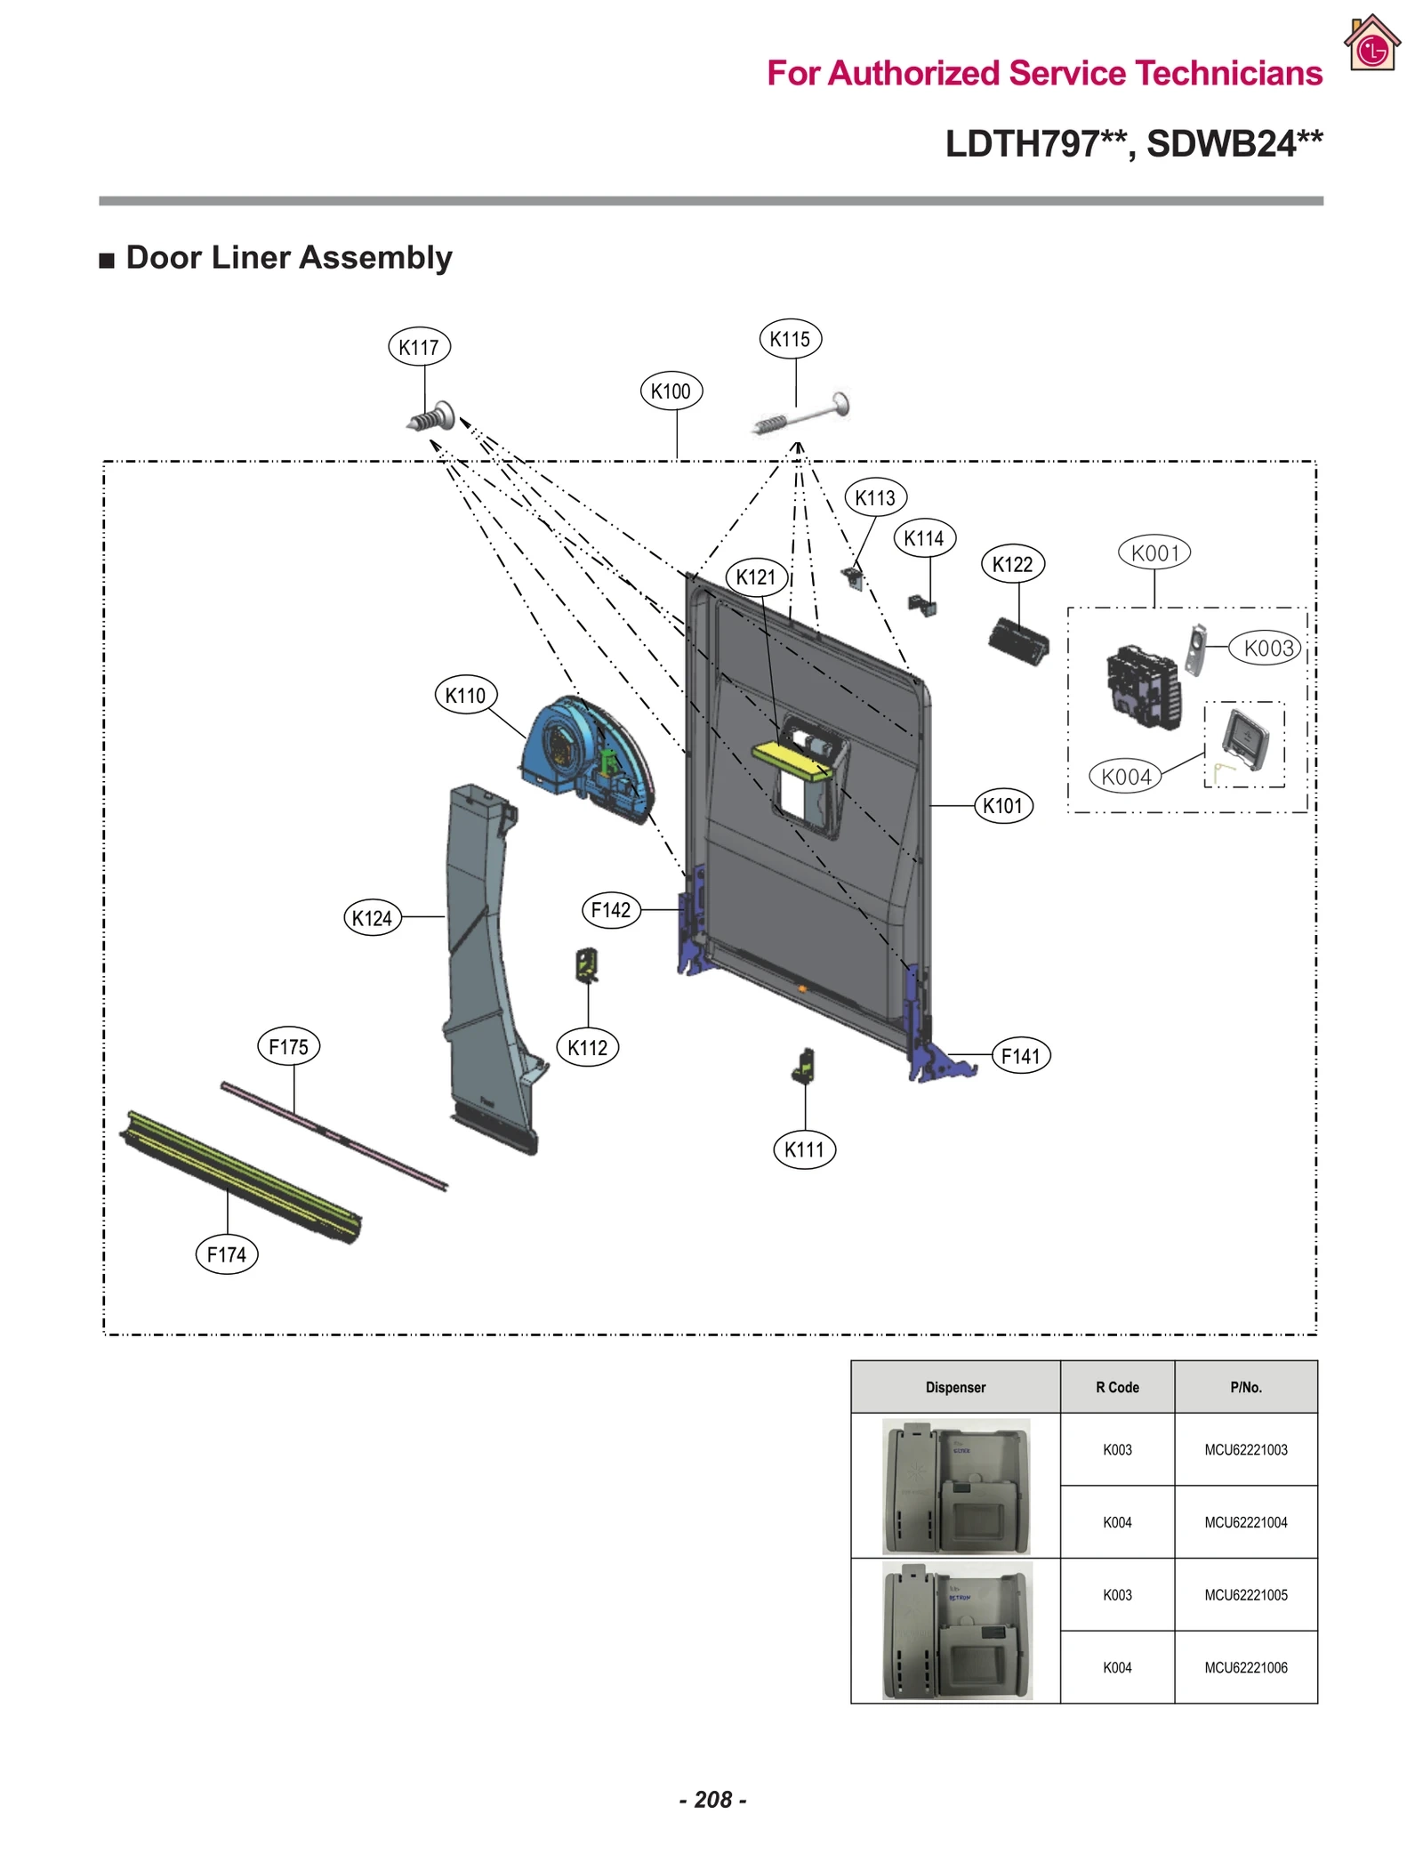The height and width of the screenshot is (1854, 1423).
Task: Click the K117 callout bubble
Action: [x=419, y=346]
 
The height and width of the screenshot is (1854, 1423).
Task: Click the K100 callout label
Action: [x=671, y=391]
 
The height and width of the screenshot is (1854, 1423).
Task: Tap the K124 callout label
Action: [x=372, y=917]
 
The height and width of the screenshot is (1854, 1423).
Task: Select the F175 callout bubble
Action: [x=288, y=1046]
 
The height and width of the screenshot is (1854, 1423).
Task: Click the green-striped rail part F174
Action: [x=240, y=1176]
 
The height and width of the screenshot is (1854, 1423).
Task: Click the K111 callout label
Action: [x=804, y=1149]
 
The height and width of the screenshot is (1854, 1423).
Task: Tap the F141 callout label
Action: [x=1020, y=1056]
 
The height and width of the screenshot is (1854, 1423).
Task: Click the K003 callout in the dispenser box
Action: [x=1267, y=648]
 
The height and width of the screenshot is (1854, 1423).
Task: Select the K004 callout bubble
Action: [x=1125, y=777]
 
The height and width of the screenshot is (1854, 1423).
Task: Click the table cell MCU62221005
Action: [x=1245, y=1595]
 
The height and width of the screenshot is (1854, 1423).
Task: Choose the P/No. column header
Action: [x=1245, y=1387]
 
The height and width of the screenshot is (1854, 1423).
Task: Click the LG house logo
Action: [x=1372, y=44]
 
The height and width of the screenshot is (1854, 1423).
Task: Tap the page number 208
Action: [x=712, y=1799]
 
